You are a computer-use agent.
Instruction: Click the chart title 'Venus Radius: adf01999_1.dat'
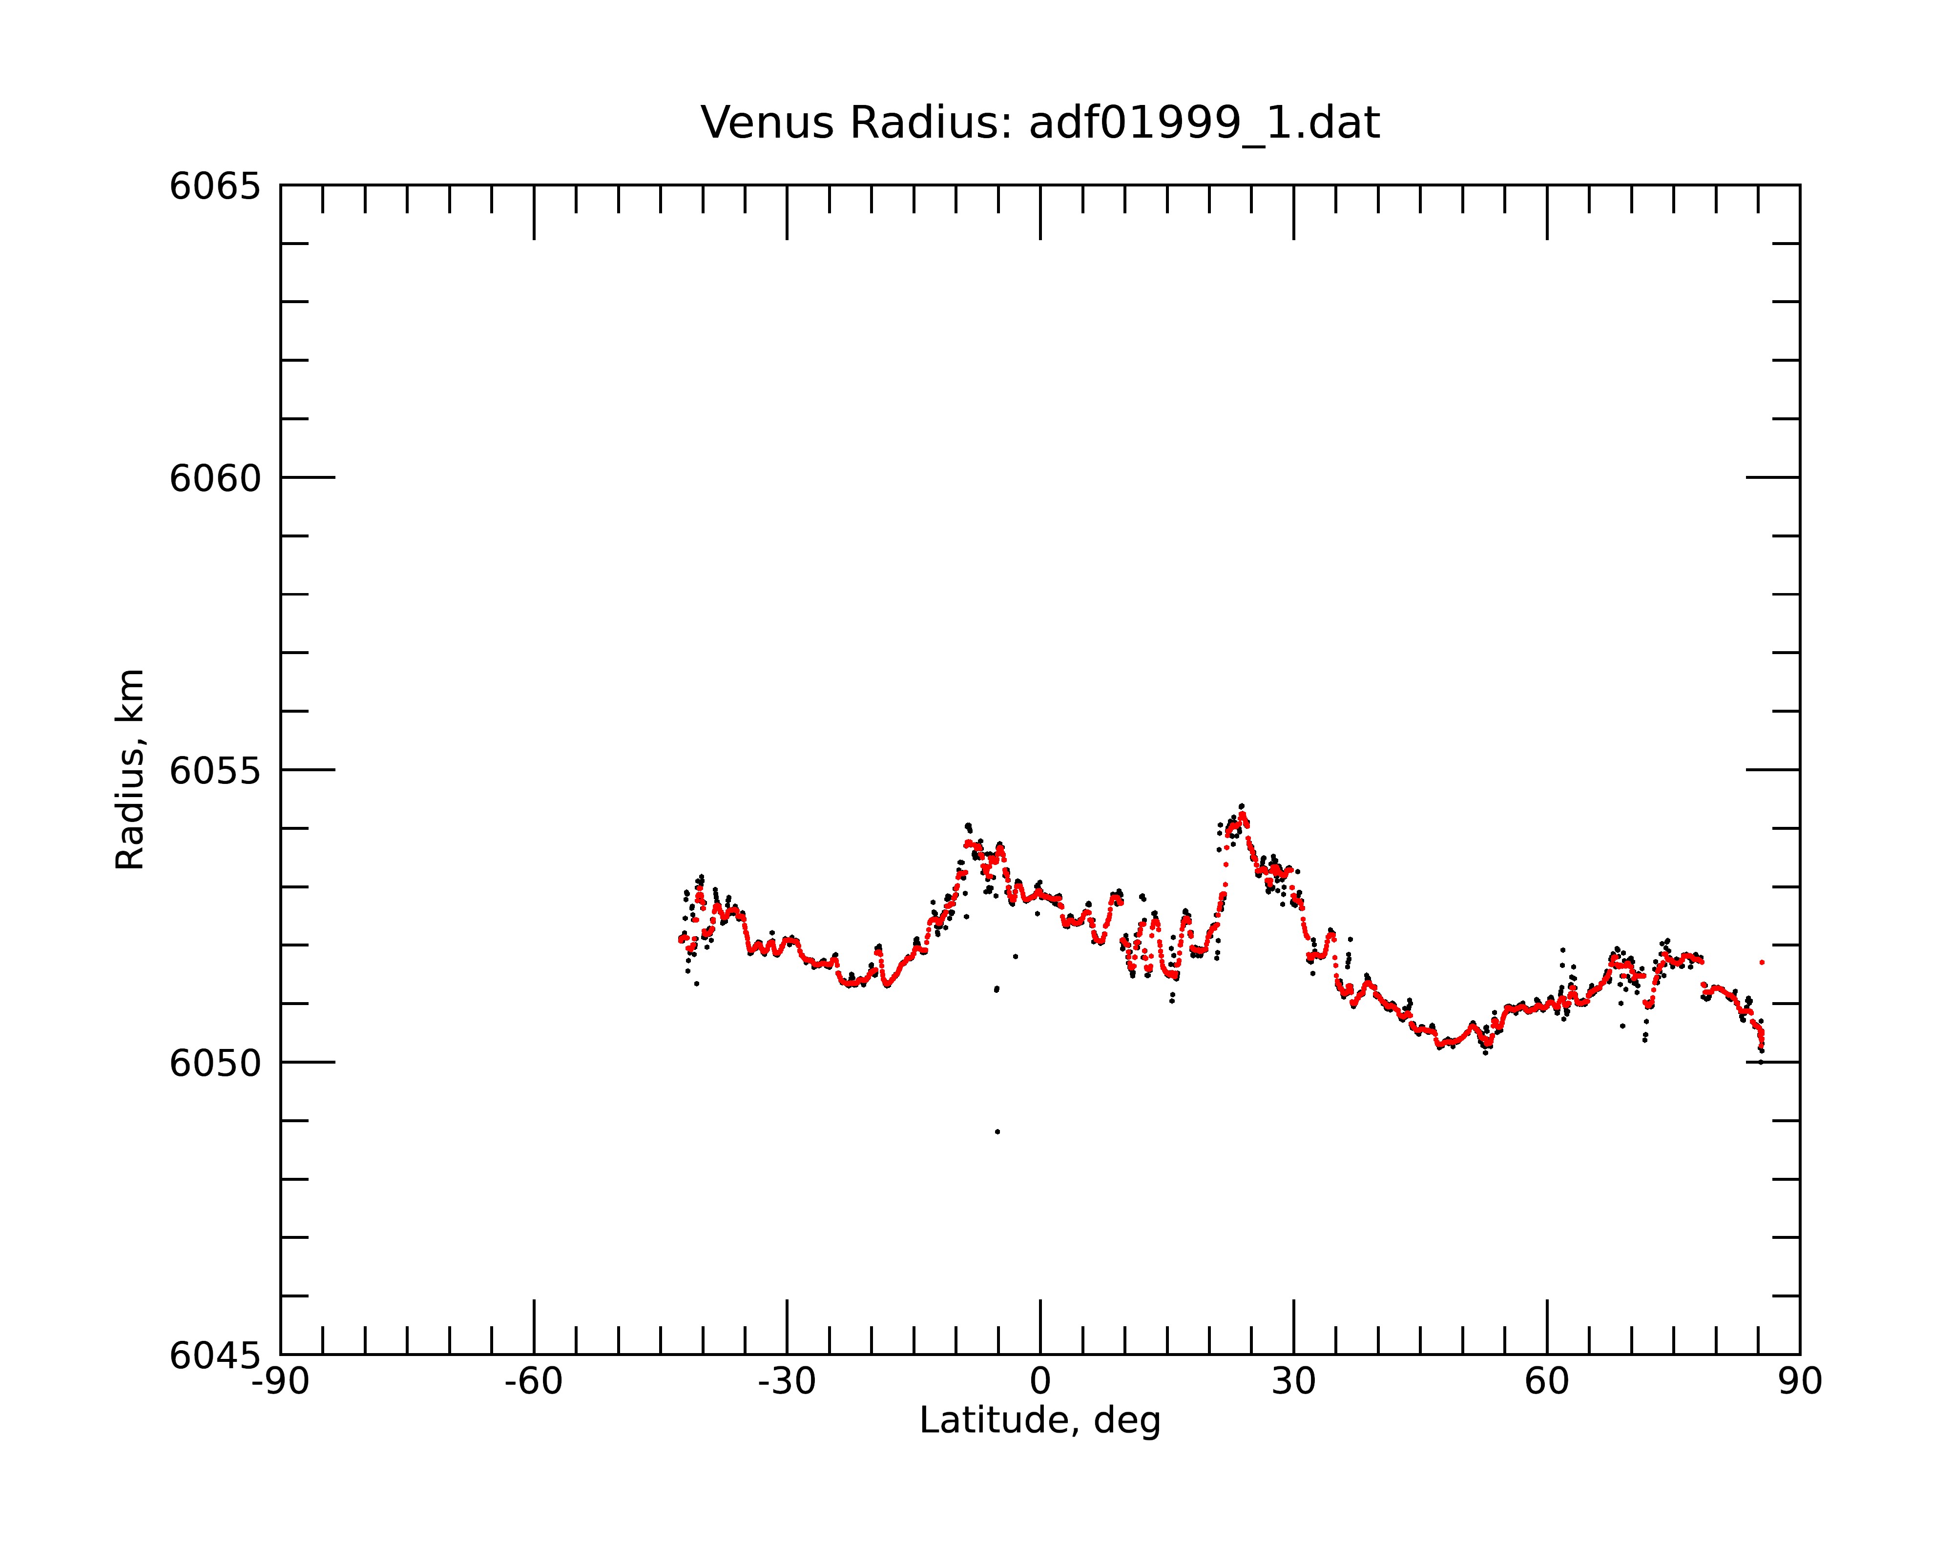tap(1040, 123)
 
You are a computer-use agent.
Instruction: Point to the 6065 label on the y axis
tap(215, 186)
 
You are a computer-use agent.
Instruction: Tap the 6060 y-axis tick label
tap(215, 478)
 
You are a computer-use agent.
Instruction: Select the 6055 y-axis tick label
tap(215, 771)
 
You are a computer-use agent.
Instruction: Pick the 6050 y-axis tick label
tap(215, 1063)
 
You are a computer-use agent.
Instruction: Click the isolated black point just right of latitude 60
tap(1562, 950)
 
